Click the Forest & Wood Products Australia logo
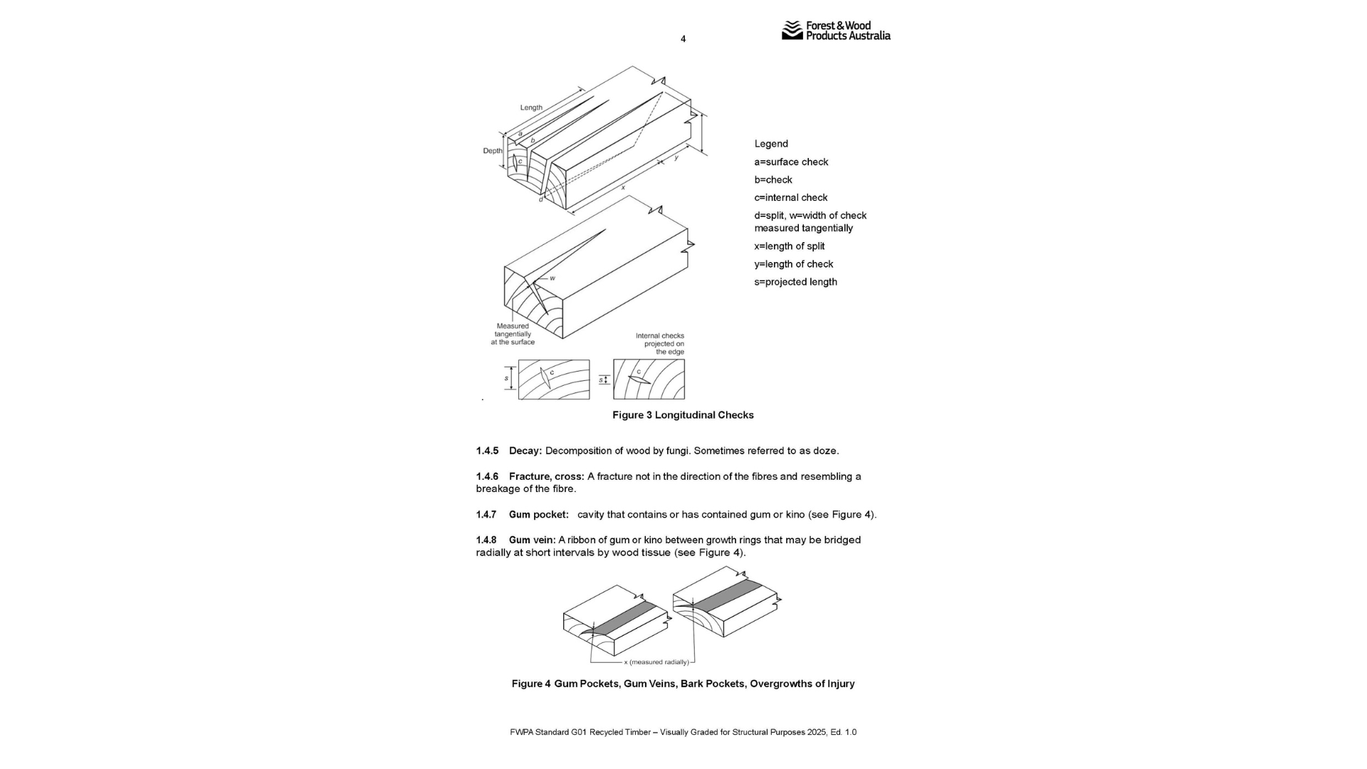pos(836,31)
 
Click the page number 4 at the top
pos(683,39)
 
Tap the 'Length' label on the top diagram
pos(531,108)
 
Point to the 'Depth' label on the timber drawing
pos(492,151)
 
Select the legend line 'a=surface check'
pos(791,162)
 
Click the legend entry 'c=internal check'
pos(790,197)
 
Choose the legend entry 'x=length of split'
pos(789,246)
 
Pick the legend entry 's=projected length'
pos(795,281)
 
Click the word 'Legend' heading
pos(771,144)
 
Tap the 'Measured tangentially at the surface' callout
pos(513,334)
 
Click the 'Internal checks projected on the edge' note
pos(660,343)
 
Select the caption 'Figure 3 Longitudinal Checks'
pos(683,415)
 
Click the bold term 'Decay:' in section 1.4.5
pos(525,451)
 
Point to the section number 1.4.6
pos(487,476)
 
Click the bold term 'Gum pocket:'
pos(538,514)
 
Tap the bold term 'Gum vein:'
pos(532,540)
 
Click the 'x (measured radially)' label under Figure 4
pos(656,662)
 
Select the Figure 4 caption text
pos(683,684)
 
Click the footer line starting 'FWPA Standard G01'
pos(683,732)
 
